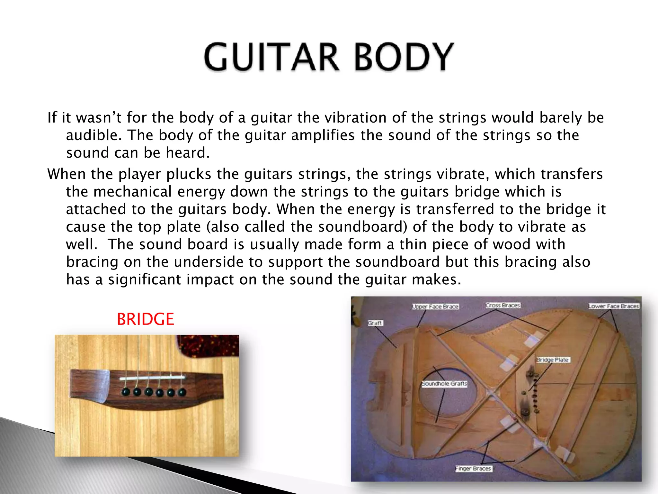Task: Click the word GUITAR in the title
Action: pyautogui.click(x=271, y=57)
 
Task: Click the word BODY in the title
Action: pyautogui.click(x=404, y=57)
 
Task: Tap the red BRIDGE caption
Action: pyautogui.click(x=145, y=319)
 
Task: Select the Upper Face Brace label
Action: pyautogui.click(x=435, y=306)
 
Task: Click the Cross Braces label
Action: pyautogui.click(x=502, y=305)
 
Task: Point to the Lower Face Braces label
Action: pyautogui.click(x=614, y=306)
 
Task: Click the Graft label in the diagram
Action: pyautogui.click(x=375, y=323)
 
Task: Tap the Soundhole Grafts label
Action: pyautogui.click(x=444, y=384)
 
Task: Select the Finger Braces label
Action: pyautogui.click(x=474, y=469)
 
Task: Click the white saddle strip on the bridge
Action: pyautogui.click(x=152, y=378)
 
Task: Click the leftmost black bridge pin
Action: pyautogui.click(x=126, y=392)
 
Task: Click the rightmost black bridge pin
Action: pyautogui.click(x=182, y=392)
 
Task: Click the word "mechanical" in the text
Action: pyautogui.click(x=133, y=192)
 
